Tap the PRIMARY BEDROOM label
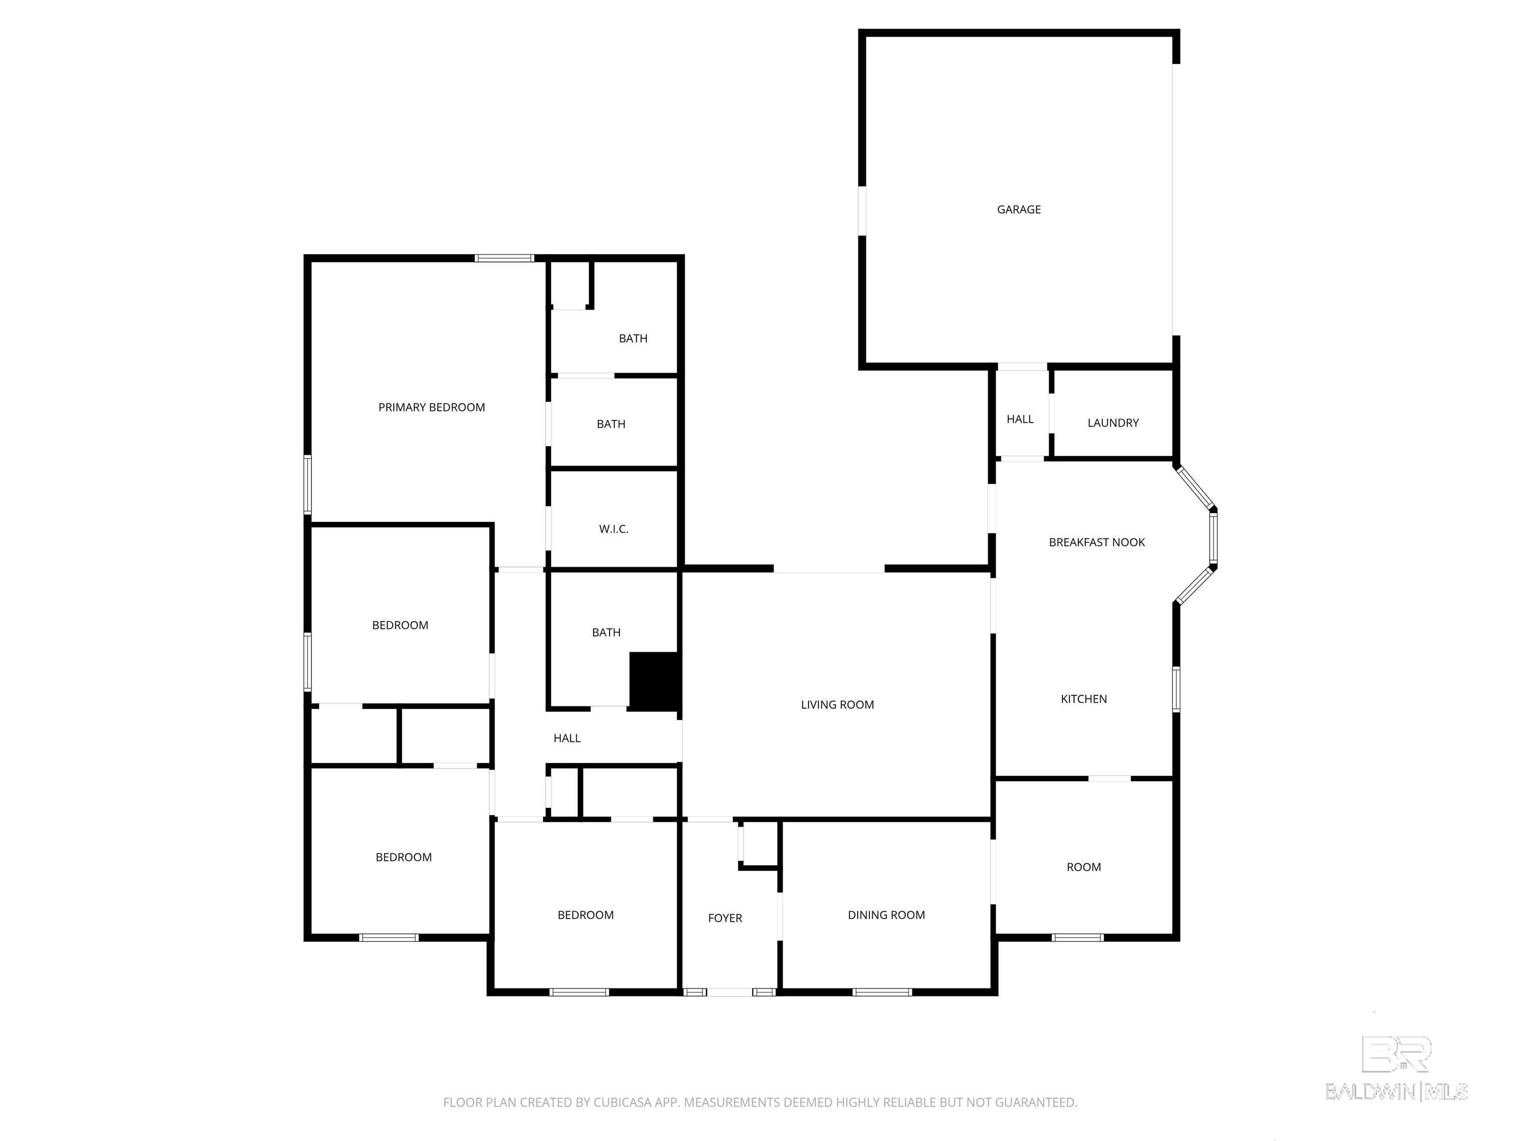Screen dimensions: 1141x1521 click(x=431, y=407)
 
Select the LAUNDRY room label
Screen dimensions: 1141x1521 click(x=1113, y=423)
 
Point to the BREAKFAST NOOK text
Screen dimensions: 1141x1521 click(x=1096, y=542)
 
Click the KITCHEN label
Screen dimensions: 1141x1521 click(x=1083, y=699)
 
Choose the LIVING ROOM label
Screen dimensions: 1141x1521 click(x=837, y=704)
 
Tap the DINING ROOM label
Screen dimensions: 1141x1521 click(x=886, y=915)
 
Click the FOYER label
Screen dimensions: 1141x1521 click(x=725, y=918)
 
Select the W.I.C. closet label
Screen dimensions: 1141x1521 click(x=613, y=529)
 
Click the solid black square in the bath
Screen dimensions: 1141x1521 click(x=655, y=681)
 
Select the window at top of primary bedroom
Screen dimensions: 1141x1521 click(x=504, y=259)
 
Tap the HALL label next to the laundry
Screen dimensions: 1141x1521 click(x=1020, y=419)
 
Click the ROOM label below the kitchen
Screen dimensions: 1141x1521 click(x=1083, y=867)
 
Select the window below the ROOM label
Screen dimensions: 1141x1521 click(x=1077, y=937)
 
